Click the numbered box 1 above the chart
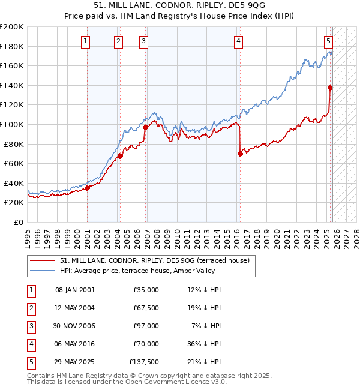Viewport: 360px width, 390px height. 86,41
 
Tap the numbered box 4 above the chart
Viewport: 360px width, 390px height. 239,41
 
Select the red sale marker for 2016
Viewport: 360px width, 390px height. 240,154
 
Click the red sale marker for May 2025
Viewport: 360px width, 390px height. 330,88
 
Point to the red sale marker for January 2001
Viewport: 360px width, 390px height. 87,188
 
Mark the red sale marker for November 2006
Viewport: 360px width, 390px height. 146,127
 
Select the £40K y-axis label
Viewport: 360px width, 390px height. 13,183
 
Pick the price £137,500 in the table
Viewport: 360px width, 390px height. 144,362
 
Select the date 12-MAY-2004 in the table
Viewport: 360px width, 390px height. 75,308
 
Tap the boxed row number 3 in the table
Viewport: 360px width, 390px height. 31,326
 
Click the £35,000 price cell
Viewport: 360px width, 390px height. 146,290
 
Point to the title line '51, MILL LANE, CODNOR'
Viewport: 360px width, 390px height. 180,7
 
